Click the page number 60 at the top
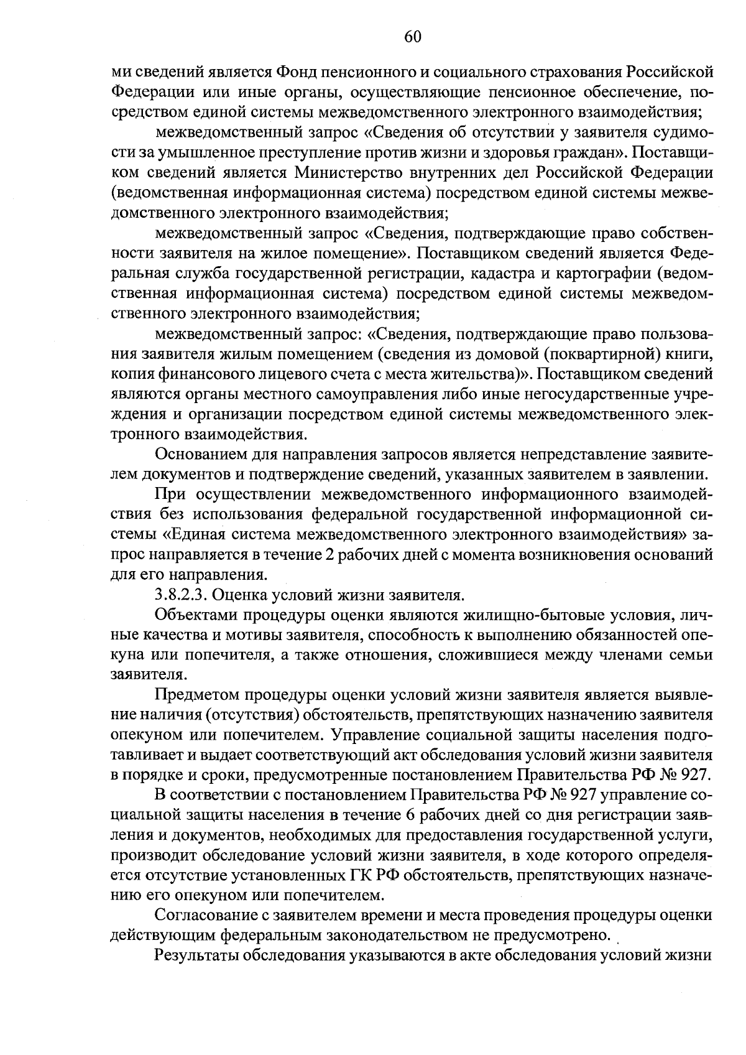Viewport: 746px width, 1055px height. pos(413,37)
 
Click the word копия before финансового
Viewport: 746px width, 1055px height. pos(132,374)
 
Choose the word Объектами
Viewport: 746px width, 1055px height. pos(195,615)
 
